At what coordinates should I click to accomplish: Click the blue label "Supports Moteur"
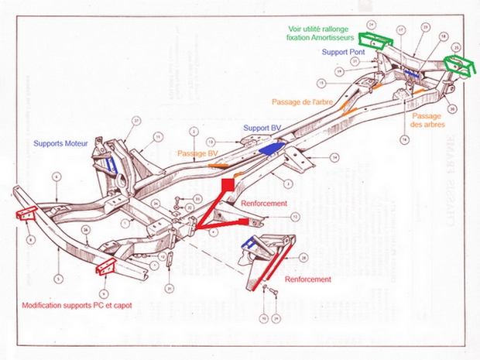coord(59,143)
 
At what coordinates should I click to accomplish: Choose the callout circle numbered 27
coord(136,121)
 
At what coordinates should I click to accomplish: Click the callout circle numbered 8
coord(29,241)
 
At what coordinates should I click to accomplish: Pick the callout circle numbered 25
coord(456,47)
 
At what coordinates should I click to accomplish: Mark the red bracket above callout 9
coord(102,268)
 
